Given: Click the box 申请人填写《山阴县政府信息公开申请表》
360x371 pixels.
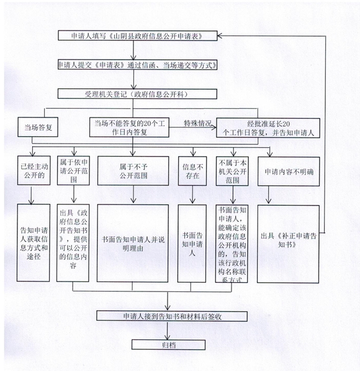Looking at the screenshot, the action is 138,35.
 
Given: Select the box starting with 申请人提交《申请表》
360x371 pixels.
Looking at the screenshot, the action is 138,65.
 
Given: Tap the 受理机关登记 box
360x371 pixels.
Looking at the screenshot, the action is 137,94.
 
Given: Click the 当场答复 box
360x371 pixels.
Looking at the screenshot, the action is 38,127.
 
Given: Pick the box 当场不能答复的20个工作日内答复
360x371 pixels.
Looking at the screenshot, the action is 129,127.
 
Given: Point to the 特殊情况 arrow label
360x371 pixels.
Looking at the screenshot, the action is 197,123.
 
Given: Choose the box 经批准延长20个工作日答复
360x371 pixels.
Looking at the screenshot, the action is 268,128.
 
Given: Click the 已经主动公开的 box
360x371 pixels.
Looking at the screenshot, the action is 34,170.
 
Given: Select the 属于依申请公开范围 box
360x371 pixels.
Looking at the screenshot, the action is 73,171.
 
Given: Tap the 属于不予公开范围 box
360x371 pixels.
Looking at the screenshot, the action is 133,171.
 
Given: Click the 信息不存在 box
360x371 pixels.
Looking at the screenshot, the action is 192,171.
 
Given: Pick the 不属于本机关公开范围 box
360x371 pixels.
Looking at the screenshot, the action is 232,171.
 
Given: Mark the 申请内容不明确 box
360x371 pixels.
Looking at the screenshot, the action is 289,172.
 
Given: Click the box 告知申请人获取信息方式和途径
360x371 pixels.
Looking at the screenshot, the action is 34,243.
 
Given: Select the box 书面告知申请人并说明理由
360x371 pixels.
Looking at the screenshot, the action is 133,244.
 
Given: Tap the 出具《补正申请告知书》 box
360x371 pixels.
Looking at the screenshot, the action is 288,244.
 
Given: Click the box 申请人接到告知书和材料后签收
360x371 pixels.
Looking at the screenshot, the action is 172,316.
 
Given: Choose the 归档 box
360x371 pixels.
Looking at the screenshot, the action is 168,345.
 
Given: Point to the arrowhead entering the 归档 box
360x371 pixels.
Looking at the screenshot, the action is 168,338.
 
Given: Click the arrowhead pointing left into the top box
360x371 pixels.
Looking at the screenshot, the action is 220,36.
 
